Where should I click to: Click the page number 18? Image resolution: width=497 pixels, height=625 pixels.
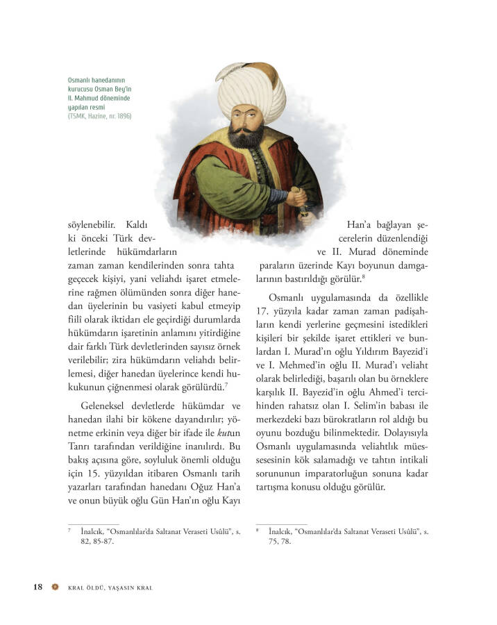click(37, 587)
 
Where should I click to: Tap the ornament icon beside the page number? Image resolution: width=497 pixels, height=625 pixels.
click(56, 587)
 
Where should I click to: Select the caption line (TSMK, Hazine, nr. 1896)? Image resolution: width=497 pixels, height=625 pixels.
click(99, 116)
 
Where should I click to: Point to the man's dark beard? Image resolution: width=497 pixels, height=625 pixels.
click(244, 135)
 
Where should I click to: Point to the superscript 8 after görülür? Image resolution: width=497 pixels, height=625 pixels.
click(364, 276)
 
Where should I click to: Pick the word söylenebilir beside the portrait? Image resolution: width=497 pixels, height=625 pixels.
click(90, 224)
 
